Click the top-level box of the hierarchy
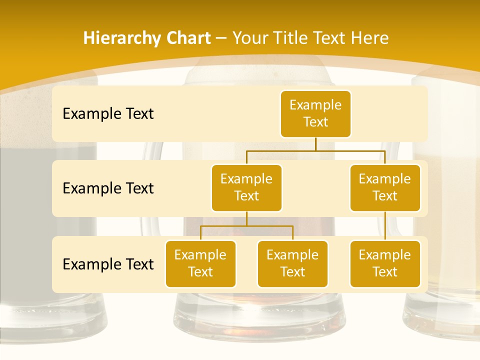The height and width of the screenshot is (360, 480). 315,113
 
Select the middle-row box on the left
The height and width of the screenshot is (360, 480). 246,187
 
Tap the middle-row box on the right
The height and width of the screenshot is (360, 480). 385,187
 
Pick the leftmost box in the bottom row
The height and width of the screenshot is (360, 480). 200,263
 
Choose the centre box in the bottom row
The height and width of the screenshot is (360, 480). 292,263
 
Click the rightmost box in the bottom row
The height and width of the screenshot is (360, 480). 385,263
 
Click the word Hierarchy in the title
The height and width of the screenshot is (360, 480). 121,38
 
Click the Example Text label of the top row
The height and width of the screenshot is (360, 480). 108,114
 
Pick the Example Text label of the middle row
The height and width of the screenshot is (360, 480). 108,188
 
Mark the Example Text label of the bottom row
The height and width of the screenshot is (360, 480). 108,264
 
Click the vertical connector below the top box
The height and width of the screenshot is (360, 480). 315,143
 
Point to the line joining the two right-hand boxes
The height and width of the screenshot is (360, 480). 385,226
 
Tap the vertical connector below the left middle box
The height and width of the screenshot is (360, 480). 246,218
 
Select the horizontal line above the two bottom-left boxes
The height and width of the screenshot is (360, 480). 246,226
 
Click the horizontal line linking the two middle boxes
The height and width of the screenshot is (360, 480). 315,150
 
